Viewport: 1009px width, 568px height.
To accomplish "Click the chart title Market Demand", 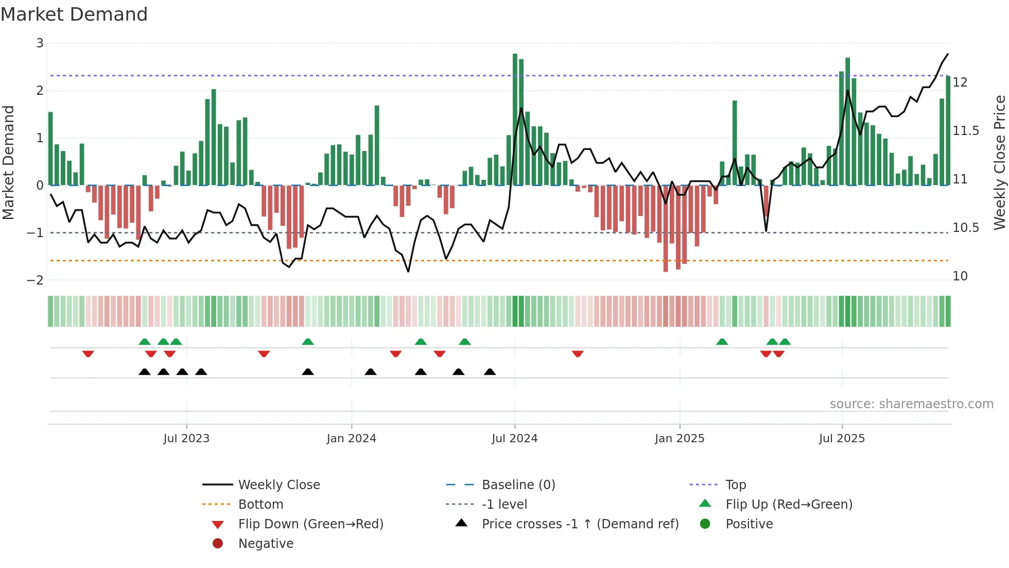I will click(74, 14).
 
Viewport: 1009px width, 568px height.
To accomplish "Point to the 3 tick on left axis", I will click(40, 43).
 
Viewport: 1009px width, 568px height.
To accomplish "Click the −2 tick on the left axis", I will click(36, 280).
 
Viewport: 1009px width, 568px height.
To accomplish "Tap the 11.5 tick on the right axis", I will click(965, 131).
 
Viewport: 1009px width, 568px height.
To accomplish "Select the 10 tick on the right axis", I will click(960, 276).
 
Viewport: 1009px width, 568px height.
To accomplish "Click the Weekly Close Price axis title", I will click(999, 162).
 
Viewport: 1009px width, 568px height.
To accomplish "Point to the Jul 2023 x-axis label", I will click(186, 439).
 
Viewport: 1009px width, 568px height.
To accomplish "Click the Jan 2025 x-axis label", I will click(679, 439).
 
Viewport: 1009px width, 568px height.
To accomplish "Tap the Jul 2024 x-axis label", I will click(514, 439).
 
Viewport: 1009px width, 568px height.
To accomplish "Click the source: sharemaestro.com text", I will click(911, 404).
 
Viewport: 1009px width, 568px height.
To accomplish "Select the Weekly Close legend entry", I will click(279, 485).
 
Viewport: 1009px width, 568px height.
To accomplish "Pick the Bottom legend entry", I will click(260, 505).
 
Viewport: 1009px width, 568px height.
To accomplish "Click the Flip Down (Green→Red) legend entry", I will click(310, 524).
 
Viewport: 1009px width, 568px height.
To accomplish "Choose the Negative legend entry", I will click(266, 544).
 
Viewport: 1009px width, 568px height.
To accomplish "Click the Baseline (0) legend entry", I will click(518, 485).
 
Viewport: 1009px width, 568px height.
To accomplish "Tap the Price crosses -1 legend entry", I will click(580, 524).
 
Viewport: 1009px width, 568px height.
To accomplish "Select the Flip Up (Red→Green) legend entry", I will click(789, 505).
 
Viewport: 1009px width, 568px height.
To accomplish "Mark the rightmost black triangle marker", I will click(490, 372).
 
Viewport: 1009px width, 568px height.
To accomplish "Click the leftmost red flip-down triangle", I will click(88, 354).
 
